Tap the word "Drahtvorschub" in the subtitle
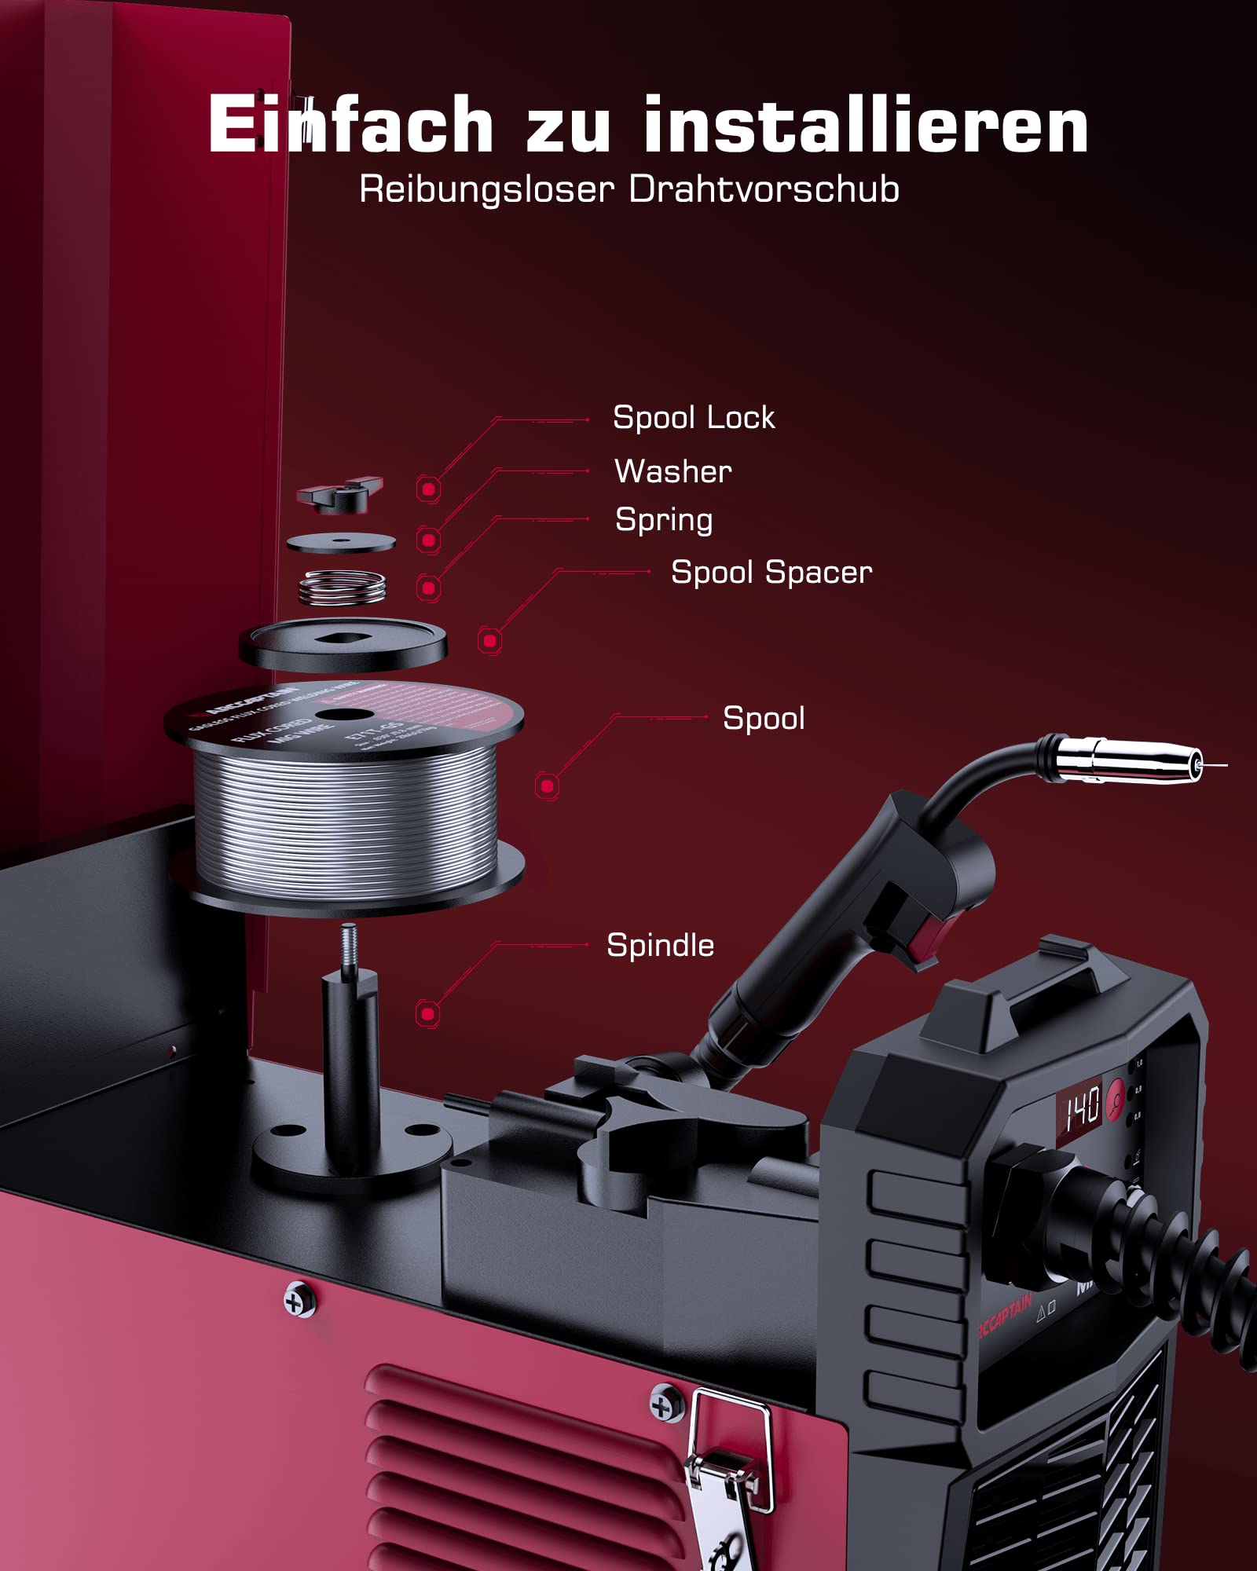click(x=764, y=190)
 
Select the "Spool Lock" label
click(x=693, y=418)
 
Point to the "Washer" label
click(x=672, y=471)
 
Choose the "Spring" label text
click(x=664, y=520)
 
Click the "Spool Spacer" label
click(x=771, y=573)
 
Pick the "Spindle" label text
click(x=660, y=946)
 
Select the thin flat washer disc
click(x=341, y=542)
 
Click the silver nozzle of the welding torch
click(x=1131, y=760)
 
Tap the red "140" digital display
click(x=1082, y=1110)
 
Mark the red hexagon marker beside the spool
click(x=548, y=785)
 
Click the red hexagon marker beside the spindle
click(x=427, y=1013)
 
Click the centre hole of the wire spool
click(x=344, y=715)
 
